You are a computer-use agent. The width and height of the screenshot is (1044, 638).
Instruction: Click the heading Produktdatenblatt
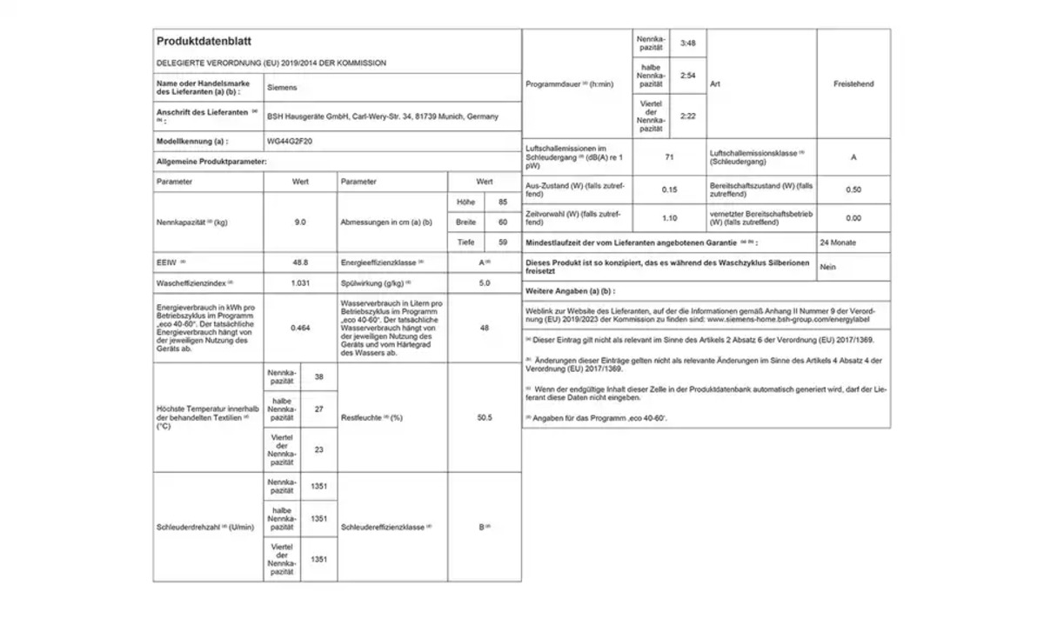pos(204,41)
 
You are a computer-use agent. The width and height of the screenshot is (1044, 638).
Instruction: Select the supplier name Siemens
pos(282,88)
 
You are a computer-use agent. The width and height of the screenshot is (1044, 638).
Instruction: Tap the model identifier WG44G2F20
pos(290,141)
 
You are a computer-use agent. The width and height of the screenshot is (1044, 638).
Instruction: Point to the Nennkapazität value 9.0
pos(300,223)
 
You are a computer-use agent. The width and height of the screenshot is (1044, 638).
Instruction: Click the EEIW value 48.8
pos(300,262)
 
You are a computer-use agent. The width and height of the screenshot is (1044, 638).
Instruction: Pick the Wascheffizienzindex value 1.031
pos(300,283)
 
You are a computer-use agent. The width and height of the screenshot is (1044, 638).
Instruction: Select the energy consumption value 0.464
pos(300,328)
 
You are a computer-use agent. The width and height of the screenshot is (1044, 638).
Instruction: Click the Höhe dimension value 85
pos(502,203)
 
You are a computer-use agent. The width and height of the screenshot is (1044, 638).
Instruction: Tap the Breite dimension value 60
pos(502,223)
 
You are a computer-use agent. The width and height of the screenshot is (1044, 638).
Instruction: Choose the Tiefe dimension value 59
pos(502,243)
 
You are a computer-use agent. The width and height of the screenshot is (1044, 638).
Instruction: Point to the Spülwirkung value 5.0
pos(485,283)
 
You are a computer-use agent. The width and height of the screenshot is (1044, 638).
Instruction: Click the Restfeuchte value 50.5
pos(485,418)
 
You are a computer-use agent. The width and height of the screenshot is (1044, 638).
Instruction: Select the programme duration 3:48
pos(688,43)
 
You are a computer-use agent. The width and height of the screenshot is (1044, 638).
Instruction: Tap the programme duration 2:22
pos(688,116)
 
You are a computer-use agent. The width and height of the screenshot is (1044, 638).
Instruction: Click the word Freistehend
pos(853,84)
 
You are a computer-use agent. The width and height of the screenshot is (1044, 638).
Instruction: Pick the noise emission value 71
pos(669,158)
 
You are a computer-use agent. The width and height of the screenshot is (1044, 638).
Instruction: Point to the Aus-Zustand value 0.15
pos(669,189)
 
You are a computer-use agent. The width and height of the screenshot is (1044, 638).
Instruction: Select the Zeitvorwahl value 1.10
pos(669,218)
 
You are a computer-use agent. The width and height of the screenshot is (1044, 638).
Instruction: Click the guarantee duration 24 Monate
pos(838,243)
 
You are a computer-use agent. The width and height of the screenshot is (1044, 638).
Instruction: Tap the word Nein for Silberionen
pos(828,267)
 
